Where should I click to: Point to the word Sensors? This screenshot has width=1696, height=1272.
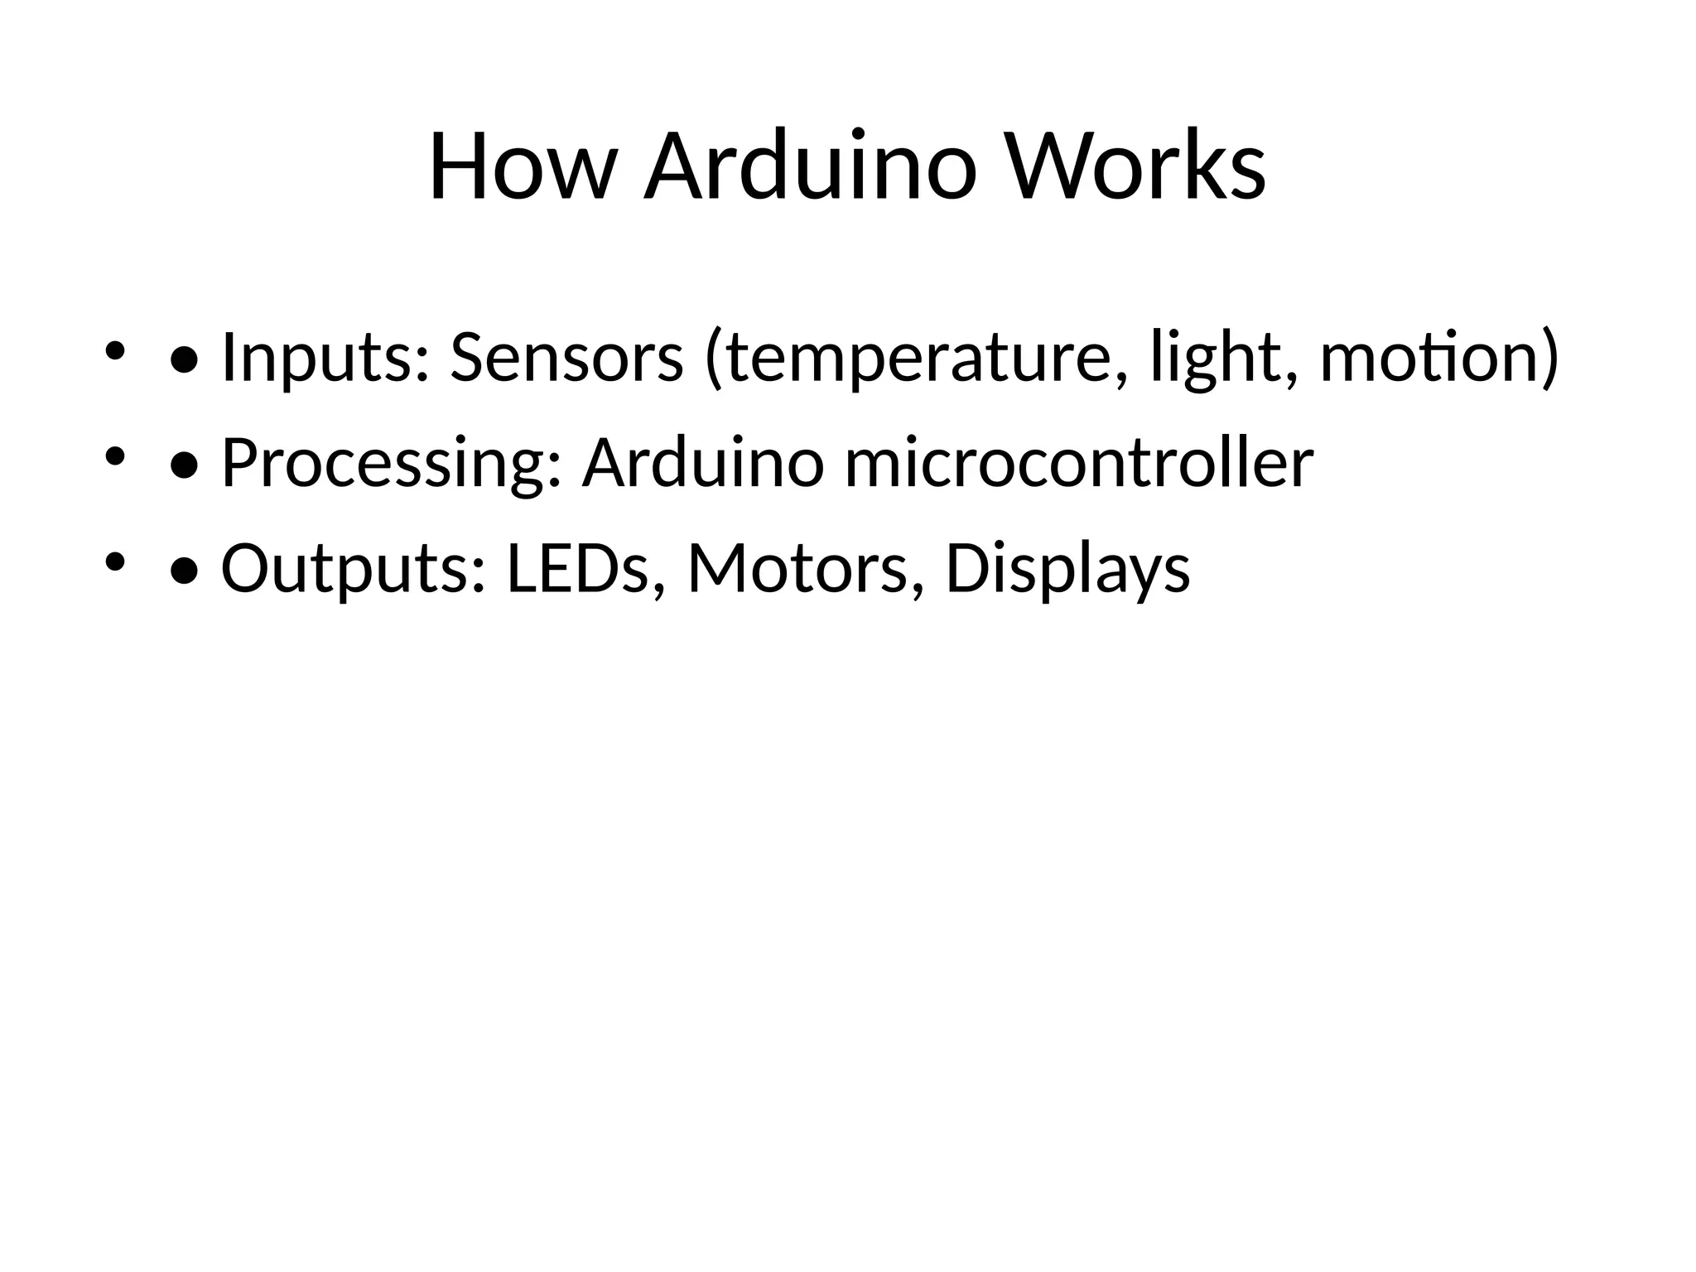pos(566,358)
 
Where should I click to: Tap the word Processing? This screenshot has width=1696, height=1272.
pos(392,464)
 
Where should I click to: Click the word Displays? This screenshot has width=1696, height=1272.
pos(1067,570)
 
